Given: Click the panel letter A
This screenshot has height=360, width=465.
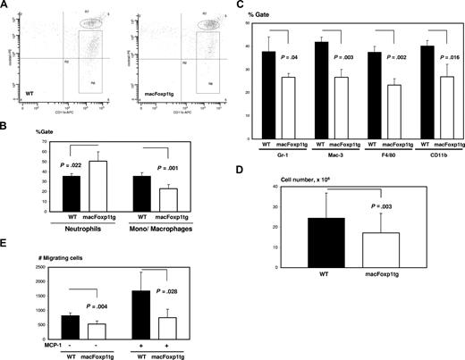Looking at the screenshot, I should pos(5,6).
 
